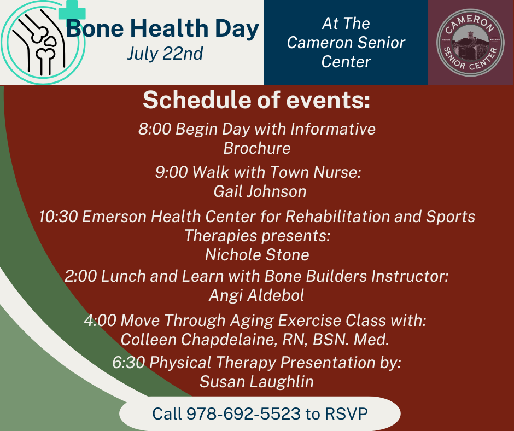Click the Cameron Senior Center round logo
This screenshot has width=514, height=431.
(x=470, y=42)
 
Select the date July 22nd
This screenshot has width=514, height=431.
(x=165, y=54)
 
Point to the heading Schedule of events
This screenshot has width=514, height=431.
(x=256, y=101)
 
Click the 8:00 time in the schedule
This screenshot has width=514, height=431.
(x=155, y=130)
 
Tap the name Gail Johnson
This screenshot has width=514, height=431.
(x=260, y=191)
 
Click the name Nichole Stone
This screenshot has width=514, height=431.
(x=256, y=255)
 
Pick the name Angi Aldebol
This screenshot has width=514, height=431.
(x=256, y=296)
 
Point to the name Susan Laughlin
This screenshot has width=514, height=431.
(x=256, y=381)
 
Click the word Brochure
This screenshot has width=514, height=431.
(x=256, y=149)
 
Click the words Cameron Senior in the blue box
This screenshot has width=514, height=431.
(x=346, y=43)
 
